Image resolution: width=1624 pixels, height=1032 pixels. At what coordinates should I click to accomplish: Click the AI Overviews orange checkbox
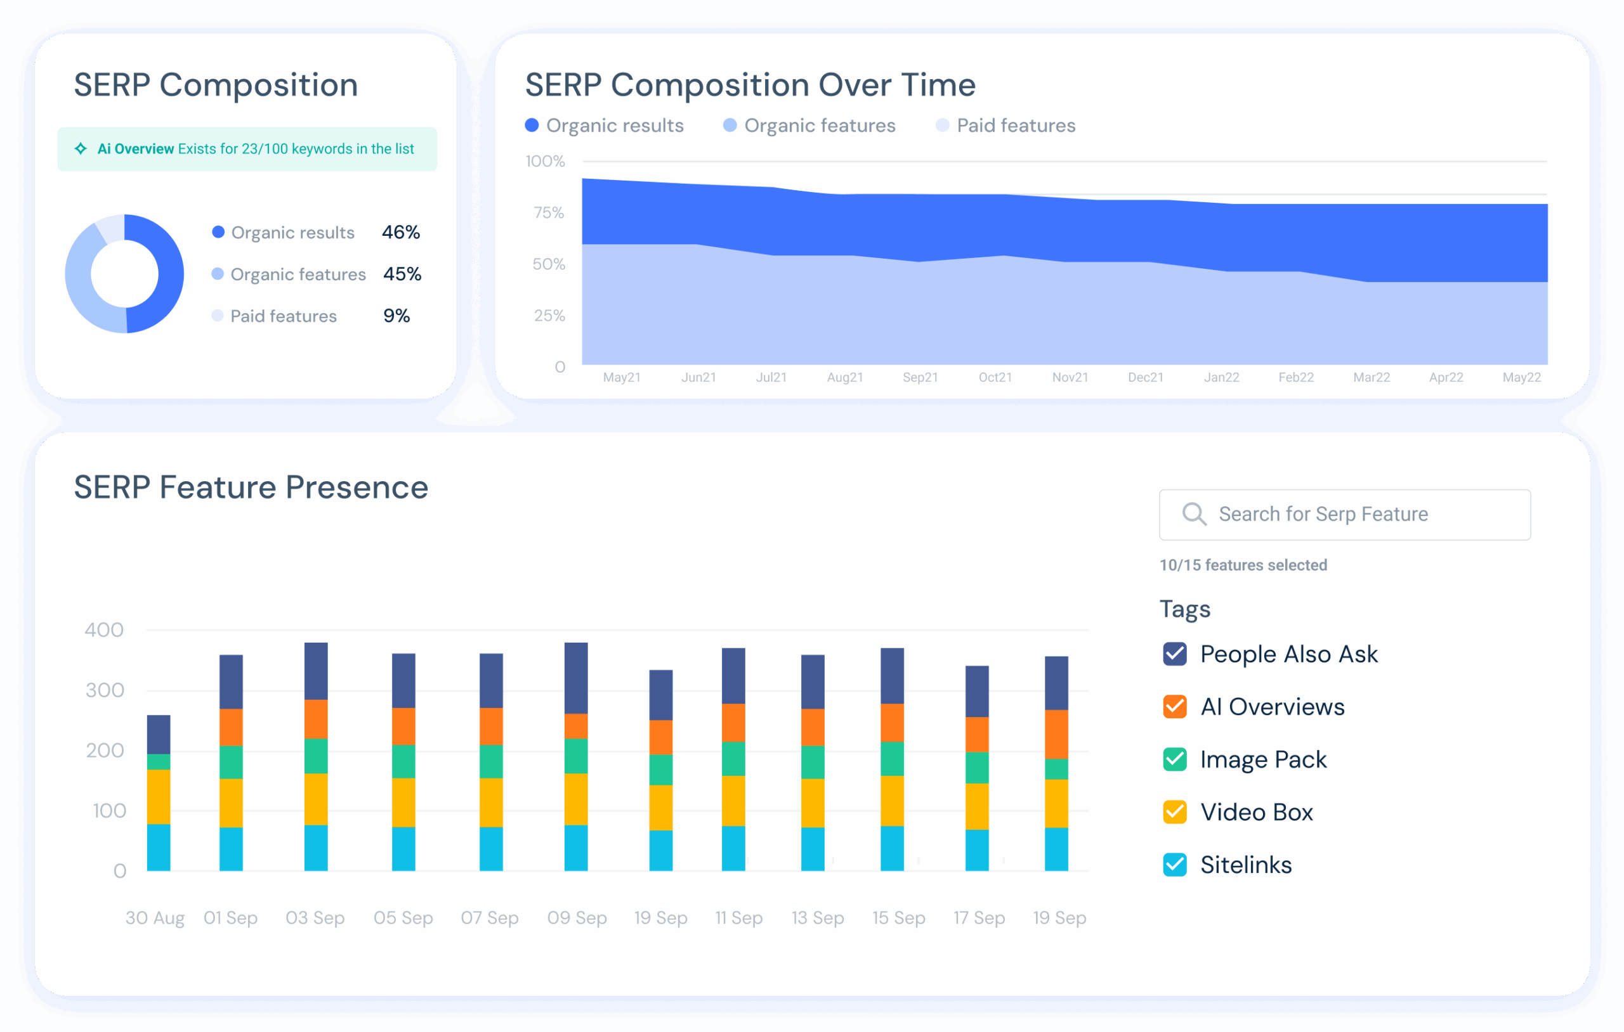tap(1175, 706)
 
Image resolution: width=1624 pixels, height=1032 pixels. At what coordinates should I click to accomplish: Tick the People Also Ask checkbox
tap(1175, 654)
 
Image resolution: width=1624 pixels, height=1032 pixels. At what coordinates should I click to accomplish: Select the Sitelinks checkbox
tap(1175, 865)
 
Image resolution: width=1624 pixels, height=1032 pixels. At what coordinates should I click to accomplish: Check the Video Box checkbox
tap(1175, 812)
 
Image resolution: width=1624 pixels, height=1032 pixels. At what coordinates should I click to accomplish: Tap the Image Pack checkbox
tap(1175, 759)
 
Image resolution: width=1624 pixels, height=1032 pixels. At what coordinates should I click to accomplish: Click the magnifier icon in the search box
tap(1194, 514)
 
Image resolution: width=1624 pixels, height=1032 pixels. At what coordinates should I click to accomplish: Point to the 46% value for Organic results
tap(400, 233)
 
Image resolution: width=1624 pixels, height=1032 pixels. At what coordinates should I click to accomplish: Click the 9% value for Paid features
tap(396, 316)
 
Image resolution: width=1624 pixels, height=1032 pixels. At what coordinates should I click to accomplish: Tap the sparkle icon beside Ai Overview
tap(81, 149)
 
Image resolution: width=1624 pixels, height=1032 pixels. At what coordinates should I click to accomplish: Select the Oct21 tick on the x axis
tap(995, 377)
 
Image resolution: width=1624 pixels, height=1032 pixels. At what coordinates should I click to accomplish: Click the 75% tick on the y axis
tap(548, 213)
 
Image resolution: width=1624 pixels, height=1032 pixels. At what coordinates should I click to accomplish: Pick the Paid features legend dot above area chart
tap(942, 126)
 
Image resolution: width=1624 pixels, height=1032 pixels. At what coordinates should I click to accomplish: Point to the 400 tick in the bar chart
tap(104, 630)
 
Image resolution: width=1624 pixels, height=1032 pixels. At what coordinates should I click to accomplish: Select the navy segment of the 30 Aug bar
tap(159, 734)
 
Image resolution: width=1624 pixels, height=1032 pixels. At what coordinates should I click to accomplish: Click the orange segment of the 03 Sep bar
tap(316, 719)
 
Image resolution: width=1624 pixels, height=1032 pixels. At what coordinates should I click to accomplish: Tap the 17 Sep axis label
tap(979, 918)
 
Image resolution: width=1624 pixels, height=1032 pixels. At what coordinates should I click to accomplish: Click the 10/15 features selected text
tap(1243, 565)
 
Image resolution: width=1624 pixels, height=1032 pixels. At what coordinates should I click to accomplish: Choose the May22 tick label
tap(1521, 377)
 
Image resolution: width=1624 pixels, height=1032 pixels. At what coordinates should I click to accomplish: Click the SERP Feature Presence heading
tap(251, 487)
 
